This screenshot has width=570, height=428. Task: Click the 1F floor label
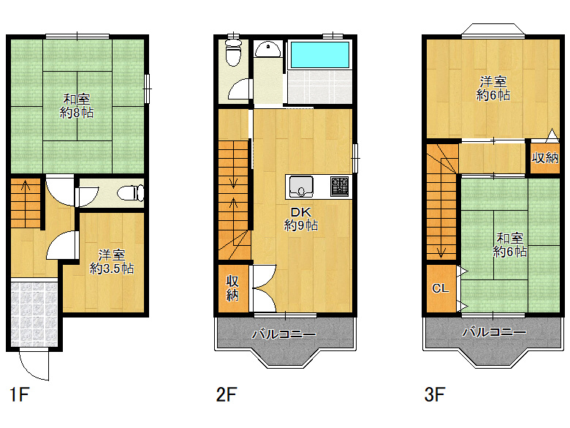point(19,394)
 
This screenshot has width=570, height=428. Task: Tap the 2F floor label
point(227,394)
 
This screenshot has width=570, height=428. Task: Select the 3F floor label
point(435,394)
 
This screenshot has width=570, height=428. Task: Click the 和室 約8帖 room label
point(77,106)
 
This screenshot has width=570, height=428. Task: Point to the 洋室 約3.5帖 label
point(112,262)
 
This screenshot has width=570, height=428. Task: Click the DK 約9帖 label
point(300,219)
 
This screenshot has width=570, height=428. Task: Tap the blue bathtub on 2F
point(320,55)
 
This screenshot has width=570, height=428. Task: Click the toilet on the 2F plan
point(233,53)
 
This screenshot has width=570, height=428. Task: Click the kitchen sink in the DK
point(301,187)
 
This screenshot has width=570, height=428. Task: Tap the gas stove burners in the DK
point(340,187)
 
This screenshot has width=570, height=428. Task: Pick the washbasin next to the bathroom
point(267,50)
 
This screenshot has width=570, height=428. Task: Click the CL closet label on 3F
point(441,288)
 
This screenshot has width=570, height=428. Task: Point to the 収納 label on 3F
point(545,157)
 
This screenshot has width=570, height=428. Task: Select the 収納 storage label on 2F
point(232,288)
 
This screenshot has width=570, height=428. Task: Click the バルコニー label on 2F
point(284,334)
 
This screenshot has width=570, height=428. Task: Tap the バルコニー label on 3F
point(494,331)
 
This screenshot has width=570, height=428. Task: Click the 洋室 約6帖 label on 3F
point(493,88)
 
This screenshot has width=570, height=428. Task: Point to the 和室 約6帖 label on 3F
point(509,245)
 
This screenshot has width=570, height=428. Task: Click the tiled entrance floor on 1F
point(34,314)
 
